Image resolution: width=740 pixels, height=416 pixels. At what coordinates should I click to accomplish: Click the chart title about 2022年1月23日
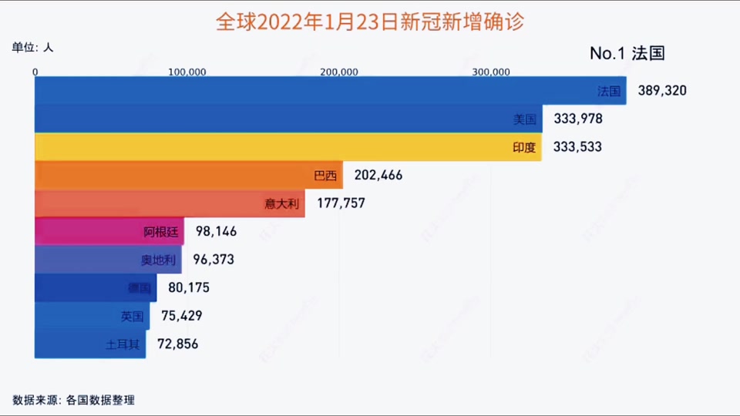[370, 21]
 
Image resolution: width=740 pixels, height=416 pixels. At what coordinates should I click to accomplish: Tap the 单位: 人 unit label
[32, 48]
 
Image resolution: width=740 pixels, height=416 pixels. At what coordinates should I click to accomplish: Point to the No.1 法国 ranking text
[627, 53]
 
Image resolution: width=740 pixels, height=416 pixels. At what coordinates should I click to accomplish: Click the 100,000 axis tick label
[187, 72]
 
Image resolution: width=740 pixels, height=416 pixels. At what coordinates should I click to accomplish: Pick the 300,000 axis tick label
[491, 72]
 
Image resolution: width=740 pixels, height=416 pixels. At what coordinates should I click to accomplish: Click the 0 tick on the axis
[35, 72]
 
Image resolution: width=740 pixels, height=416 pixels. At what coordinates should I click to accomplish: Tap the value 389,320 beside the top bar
[661, 91]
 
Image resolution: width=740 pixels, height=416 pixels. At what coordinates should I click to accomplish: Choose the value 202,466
[378, 176]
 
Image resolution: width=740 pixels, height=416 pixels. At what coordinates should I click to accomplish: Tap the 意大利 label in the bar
[281, 203]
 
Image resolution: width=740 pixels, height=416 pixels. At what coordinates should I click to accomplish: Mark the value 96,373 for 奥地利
[210, 260]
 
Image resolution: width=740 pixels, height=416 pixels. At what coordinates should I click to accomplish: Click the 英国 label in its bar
[132, 316]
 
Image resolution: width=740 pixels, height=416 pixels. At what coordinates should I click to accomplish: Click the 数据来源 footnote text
[74, 400]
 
